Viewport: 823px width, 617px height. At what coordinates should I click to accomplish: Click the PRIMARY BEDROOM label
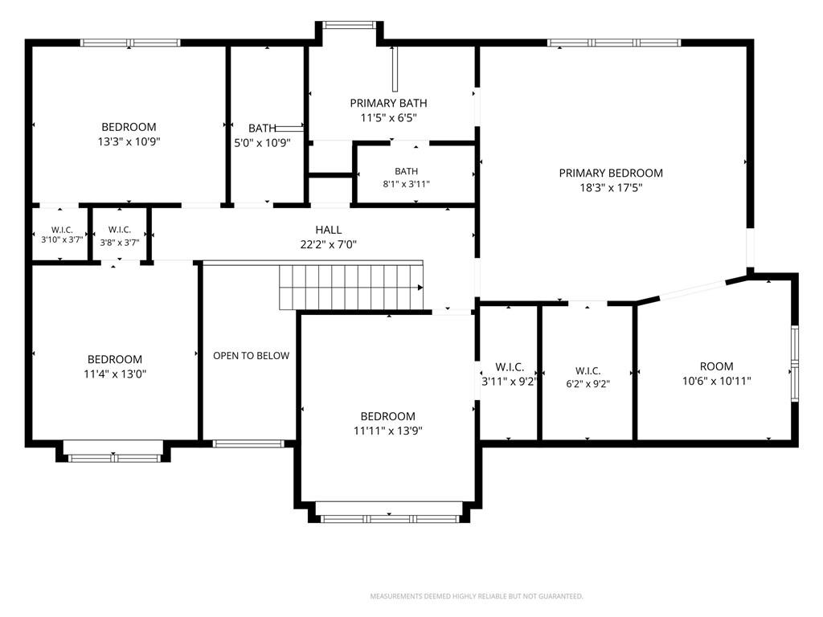(611, 174)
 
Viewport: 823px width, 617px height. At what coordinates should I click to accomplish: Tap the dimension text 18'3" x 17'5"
(611, 188)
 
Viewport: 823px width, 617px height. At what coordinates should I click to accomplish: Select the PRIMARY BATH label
(388, 104)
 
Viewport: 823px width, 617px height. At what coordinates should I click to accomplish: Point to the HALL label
(329, 230)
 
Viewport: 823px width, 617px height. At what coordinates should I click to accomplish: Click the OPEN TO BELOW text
(251, 356)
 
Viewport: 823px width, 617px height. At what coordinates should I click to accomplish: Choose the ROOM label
(716, 366)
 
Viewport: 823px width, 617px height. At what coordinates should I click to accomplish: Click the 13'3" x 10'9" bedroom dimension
(129, 141)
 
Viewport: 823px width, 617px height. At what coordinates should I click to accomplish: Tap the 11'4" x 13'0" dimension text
(115, 374)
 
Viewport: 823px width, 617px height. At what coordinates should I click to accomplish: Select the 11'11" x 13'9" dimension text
(388, 431)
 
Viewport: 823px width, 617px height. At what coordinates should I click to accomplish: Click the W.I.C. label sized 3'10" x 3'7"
(62, 230)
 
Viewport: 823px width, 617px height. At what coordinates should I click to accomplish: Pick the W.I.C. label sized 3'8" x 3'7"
(120, 229)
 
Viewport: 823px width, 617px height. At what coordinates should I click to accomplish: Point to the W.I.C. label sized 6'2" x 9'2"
(588, 371)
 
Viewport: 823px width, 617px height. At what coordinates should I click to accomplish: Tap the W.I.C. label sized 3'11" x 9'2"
(510, 367)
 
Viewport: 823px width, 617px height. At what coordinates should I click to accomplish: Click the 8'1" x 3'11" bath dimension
(406, 184)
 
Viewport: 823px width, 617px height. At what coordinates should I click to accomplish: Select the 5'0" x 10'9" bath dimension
(262, 143)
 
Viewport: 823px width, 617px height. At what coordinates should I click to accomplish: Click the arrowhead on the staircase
(420, 288)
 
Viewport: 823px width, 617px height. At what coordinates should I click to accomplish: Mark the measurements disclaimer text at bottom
(477, 596)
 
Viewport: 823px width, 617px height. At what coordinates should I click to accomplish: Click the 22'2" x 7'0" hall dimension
(329, 244)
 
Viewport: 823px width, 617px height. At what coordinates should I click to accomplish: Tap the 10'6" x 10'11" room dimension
(716, 382)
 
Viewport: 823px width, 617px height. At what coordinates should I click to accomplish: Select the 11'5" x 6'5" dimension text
(388, 118)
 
